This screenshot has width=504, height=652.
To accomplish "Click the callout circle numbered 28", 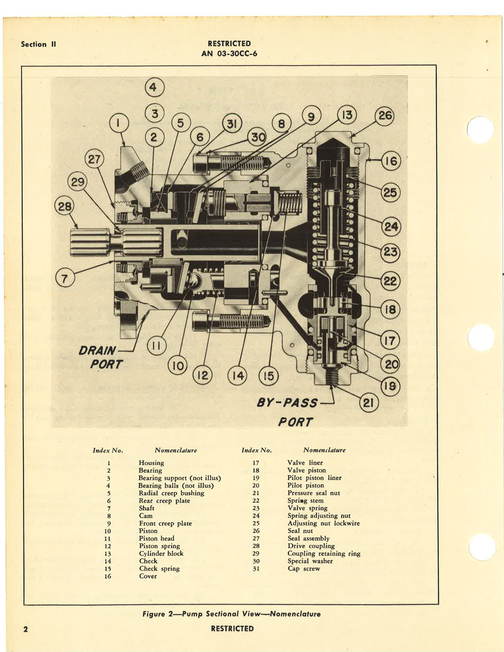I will coord(65,207).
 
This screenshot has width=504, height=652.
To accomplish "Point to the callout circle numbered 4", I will coord(154,87).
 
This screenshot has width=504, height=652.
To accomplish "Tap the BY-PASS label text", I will coord(287,403).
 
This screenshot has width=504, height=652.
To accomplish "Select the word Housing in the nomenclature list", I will coord(151,463).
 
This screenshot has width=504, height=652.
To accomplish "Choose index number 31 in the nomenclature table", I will coord(256,569).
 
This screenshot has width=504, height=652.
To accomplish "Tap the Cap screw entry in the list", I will coord(304,569).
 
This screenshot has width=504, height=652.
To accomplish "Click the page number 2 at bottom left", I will coord(26,629).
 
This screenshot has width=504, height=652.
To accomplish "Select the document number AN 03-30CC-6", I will coord(229,53).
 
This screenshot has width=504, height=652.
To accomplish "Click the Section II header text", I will coord(38,44).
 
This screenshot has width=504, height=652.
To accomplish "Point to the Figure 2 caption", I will coord(231,614).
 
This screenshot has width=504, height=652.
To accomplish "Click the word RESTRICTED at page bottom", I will coord(232,629).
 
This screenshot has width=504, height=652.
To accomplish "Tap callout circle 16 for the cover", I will coord(391,161).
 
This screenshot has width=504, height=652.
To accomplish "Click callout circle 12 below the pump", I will coord(202,375).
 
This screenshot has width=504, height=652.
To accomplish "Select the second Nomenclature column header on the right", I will coord(324,450).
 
